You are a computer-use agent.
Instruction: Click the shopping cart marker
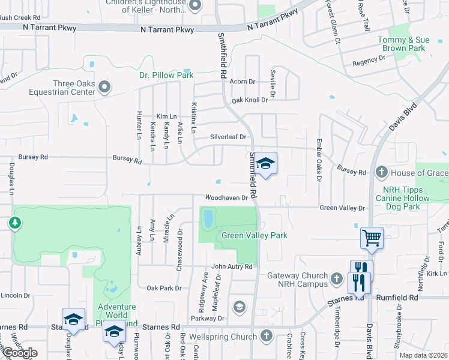click(x=372, y=238)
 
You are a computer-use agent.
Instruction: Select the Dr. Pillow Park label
click(x=166, y=75)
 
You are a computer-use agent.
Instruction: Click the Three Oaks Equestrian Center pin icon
click(x=104, y=88)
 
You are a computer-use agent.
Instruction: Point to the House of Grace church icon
click(x=381, y=173)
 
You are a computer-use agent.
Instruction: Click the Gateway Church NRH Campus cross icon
click(x=337, y=279)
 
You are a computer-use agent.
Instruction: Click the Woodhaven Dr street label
click(x=226, y=197)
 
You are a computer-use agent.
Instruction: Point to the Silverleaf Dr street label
click(x=229, y=137)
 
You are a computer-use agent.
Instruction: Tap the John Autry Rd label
click(x=232, y=266)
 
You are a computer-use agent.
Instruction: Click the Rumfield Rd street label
click(x=397, y=297)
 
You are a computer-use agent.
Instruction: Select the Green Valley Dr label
click(x=342, y=208)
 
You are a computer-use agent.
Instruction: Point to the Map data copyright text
click(x=424, y=355)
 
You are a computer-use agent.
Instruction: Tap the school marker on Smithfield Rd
click(x=265, y=163)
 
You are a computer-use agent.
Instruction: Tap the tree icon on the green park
click(x=15, y=223)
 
